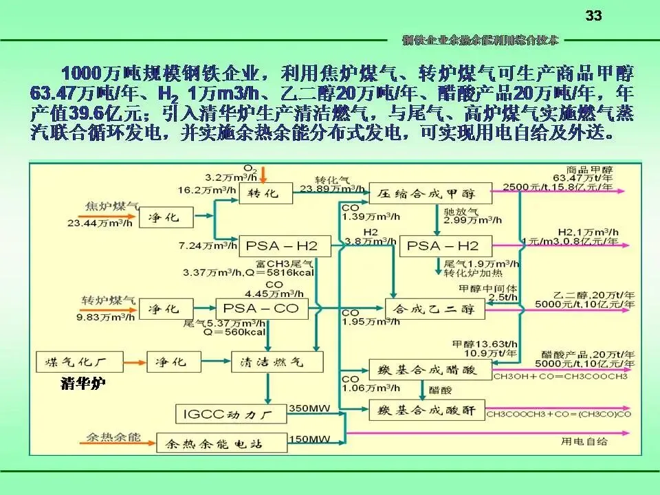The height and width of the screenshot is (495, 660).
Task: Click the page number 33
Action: tap(593, 16)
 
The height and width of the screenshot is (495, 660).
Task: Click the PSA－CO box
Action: tap(261, 309)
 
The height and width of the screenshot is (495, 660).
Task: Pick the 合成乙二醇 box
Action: tap(434, 310)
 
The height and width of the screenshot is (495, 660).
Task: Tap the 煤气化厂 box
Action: tap(79, 361)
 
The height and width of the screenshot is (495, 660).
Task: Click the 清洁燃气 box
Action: tap(267, 361)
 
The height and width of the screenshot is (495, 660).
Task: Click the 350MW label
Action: tap(311, 408)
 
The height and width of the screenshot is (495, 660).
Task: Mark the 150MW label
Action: tap(311, 438)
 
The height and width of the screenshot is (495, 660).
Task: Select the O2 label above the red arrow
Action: tap(250, 167)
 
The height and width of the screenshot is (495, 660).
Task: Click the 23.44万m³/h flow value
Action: tap(100, 223)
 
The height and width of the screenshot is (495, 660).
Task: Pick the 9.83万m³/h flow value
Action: tap(99, 318)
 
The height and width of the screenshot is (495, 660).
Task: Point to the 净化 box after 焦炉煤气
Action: tap(163, 217)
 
